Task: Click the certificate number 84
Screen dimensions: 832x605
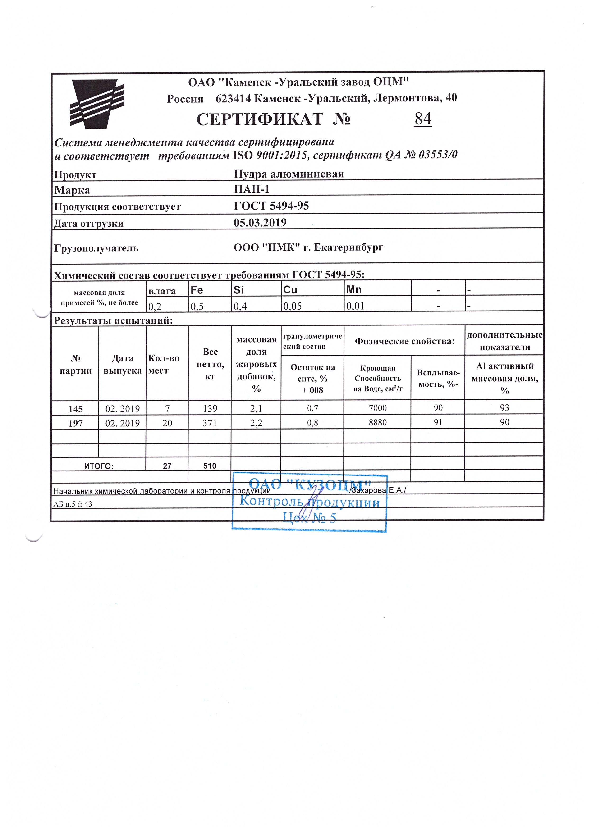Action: [423, 119]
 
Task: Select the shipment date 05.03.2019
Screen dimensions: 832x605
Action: [260, 223]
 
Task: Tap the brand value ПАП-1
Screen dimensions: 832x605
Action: [252, 189]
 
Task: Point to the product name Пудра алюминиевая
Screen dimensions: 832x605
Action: [289, 174]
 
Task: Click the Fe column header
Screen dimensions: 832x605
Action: [197, 290]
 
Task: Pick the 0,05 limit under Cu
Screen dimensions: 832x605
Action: [292, 306]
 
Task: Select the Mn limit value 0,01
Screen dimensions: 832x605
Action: [355, 306]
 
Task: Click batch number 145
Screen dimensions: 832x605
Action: [76, 408]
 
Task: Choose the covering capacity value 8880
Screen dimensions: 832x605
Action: [377, 423]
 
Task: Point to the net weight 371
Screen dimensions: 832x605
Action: [210, 423]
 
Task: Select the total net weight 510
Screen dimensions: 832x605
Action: [210, 466]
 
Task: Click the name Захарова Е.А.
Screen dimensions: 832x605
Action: [378, 490]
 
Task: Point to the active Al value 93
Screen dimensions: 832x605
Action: [504, 407]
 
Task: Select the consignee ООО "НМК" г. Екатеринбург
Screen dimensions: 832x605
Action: [309, 248]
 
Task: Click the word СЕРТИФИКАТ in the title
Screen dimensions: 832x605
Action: [260, 119]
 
